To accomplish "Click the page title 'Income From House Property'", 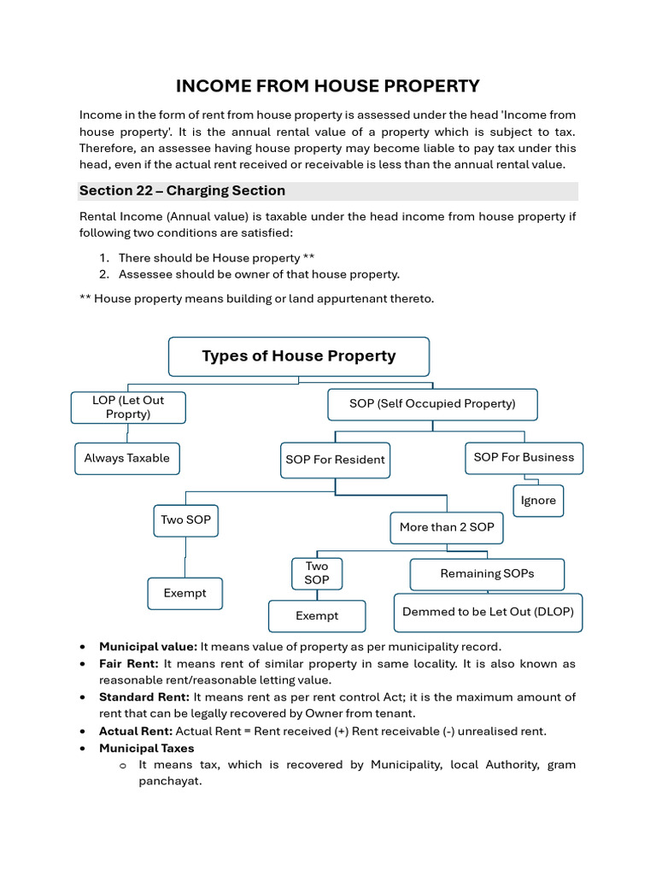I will (327, 86).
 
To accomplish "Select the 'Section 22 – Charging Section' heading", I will (182, 191).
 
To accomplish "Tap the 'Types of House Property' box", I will (298, 356).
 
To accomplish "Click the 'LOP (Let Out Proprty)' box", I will (128, 407).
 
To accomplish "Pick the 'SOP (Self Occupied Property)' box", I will (432, 403).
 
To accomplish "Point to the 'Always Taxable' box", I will (126, 458).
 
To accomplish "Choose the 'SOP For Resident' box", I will (335, 460).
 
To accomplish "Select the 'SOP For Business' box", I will (524, 457).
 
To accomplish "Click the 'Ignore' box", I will (538, 501).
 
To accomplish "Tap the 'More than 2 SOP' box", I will (447, 527).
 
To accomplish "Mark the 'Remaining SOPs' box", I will (487, 573).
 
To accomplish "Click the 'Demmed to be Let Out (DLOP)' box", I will (488, 612).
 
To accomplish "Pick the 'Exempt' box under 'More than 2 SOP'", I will (317, 616).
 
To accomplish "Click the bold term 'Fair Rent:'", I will (129, 664).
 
